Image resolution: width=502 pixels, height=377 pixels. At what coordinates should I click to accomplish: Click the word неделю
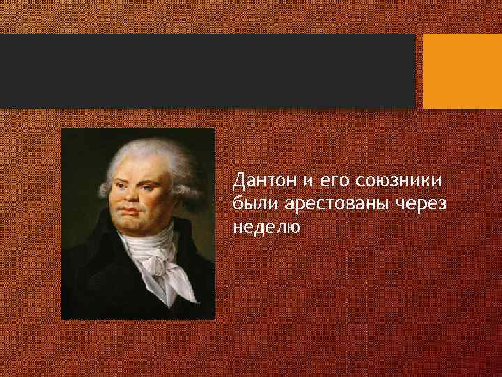click(x=266, y=226)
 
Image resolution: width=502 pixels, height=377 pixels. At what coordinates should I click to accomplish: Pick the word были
click(x=252, y=204)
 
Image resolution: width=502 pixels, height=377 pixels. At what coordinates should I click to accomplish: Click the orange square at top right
click(x=462, y=71)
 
